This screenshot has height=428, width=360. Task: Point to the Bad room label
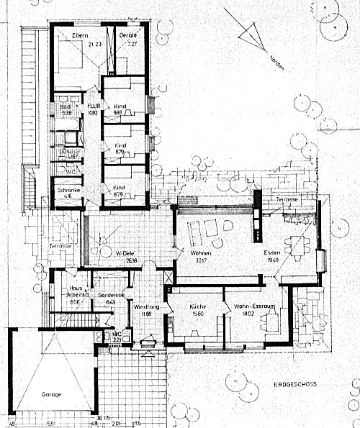[x=65, y=106]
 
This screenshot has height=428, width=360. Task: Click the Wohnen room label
[x=200, y=254]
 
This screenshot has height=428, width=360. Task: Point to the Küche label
[x=198, y=306]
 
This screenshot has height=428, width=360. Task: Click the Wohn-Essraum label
[x=250, y=306]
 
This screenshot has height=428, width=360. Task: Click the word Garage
[x=51, y=395]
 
